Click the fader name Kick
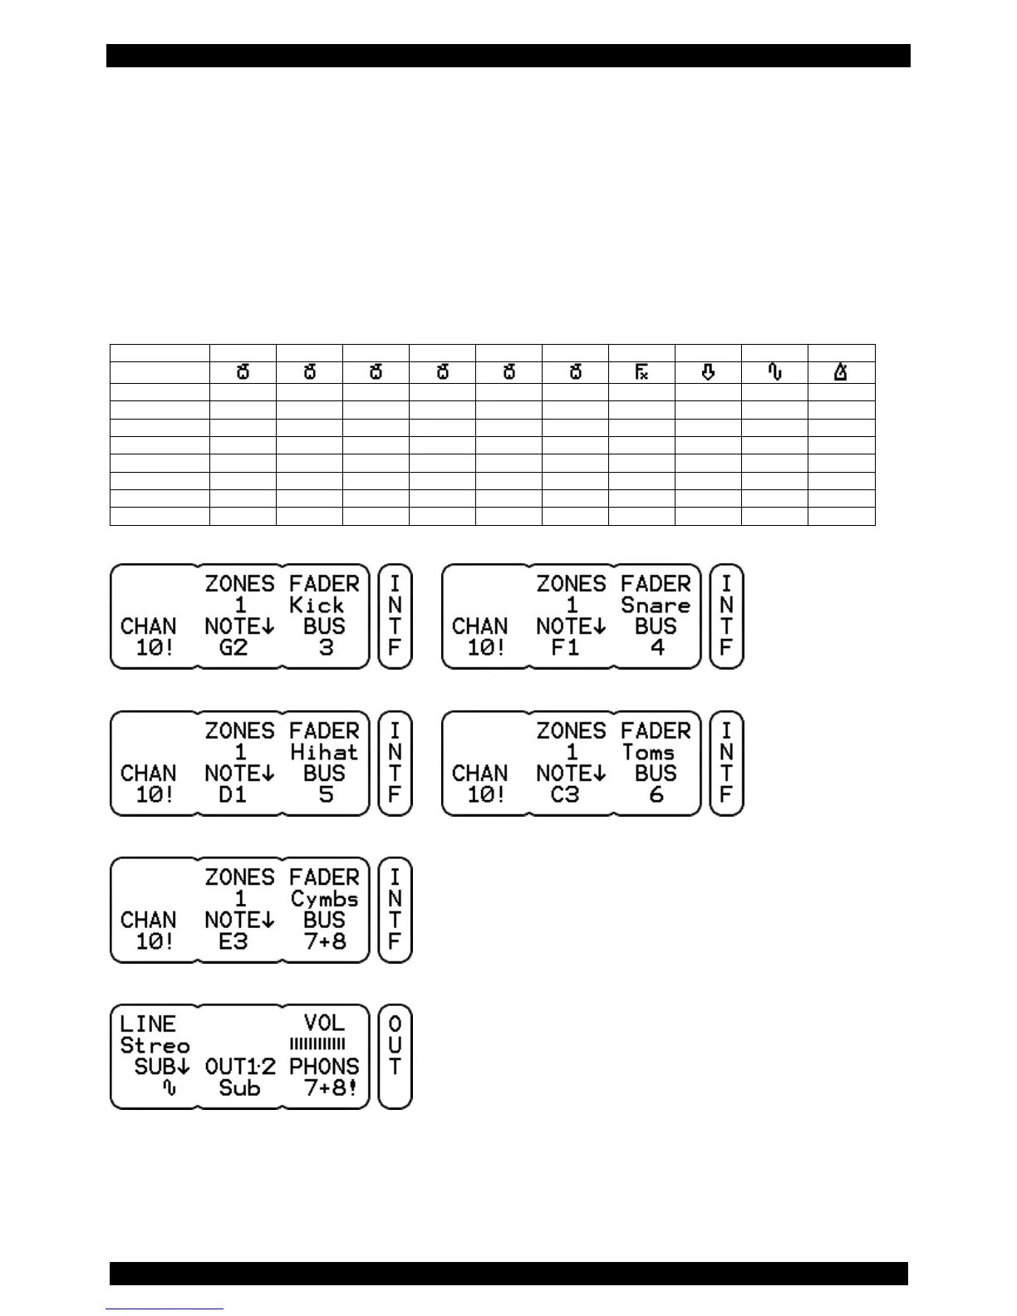tap(316, 605)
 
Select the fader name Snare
tap(656, 605)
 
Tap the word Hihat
tap(323, 752)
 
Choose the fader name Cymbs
tap(324, 899)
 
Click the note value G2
tap(233, 647)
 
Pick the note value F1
tap(565, 647)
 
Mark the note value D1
tap(233, 794)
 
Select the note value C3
tap(565, 794)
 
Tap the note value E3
tap(233, 941)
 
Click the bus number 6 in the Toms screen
tap(656, 794)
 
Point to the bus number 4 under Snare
tap(657, 647)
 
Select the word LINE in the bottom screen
tap(148, 1024)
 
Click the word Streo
tap(155, 1045)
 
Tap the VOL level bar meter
tap(317, 1044)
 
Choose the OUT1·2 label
tap(240, 1067)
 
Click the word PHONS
tap(324, 1067)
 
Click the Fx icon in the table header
tap(641, 372)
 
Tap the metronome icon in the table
tap(841, 372)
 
